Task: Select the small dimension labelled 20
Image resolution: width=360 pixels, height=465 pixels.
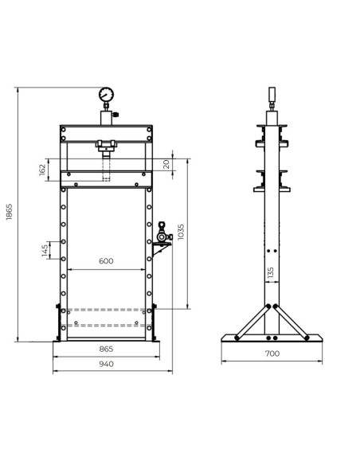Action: (x=165, y=164)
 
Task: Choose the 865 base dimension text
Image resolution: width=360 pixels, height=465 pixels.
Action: (x=106, y=349)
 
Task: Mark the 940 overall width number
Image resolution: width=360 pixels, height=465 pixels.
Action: (x=106, y=364)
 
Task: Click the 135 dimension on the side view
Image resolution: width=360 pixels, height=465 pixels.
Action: (x=271, y=273)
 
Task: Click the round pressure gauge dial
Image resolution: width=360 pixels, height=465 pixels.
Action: (x=106, y=96)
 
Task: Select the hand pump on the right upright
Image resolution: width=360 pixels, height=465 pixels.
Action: (x=162, y=232)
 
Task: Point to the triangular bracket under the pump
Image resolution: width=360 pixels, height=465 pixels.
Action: (x=158, y=252)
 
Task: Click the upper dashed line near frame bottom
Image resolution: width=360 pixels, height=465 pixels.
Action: (x=106, y=309)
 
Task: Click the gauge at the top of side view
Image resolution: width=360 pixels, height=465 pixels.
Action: (x=272, y=95)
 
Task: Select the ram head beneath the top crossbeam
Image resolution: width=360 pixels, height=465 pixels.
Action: (x=106, y=146)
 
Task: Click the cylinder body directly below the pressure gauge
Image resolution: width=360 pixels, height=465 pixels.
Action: (x=106, y=117)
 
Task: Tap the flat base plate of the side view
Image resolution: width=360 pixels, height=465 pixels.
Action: (x=272, y=338)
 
